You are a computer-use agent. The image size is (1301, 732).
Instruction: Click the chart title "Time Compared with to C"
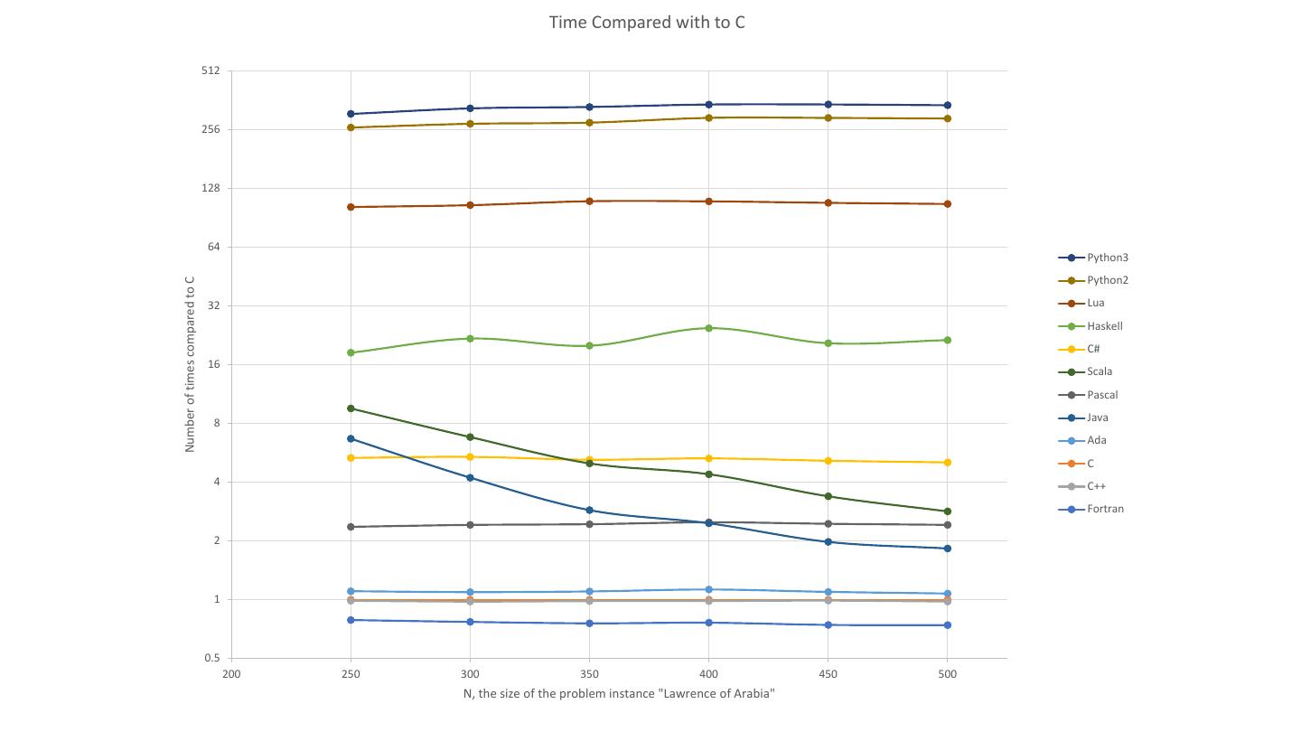[647, 23]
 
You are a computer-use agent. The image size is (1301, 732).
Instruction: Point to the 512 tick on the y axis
[211, 70]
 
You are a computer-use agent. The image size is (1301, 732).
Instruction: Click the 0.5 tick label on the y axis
[211, 659]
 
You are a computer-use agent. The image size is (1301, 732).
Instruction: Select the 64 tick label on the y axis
[213, 247]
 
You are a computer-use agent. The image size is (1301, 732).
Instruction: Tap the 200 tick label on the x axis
[231, 674]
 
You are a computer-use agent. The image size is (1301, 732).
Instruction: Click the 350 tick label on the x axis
[589, 674]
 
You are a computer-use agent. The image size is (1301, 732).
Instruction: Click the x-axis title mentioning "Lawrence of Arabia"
[619, 694]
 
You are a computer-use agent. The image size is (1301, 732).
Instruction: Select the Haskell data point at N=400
[708, 328]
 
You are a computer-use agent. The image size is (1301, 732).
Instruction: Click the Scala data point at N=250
[351, 408]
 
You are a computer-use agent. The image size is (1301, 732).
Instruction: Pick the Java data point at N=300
[470, 478]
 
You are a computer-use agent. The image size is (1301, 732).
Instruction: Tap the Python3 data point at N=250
[351, 114]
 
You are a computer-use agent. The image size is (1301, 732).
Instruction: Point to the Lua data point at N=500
[947, 204]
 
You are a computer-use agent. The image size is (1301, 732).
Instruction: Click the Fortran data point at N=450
[828, 625]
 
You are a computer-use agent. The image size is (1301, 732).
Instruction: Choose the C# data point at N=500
[947, 463]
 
